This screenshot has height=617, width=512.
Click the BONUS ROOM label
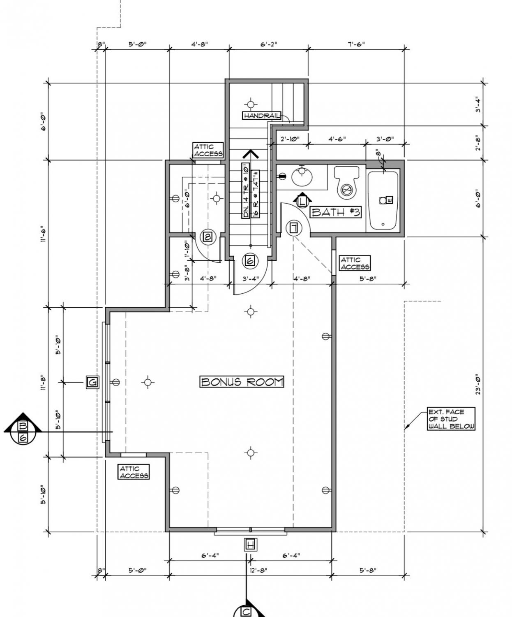pos(242,382)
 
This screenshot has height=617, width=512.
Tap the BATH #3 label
pos(335,212)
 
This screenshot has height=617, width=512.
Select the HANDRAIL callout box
pos(262,116)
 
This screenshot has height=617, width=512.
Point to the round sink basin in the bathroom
pos(302,177)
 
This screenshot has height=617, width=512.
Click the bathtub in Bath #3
pos(383,201)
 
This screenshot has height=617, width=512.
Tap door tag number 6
pos(250,261)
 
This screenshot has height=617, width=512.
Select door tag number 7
pos(294,228)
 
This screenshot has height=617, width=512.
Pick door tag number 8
pos(208,237)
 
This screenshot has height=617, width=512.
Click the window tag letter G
pos(92,382)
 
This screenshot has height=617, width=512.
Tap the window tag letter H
pos(250,544)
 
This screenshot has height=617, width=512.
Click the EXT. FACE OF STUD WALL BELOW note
pos(451,419)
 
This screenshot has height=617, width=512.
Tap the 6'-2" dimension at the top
pos(268,44)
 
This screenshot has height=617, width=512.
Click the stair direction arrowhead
pos(250,154)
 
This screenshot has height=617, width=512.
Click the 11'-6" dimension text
pos(43,234)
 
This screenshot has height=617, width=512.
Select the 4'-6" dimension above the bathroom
pos(337,139)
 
